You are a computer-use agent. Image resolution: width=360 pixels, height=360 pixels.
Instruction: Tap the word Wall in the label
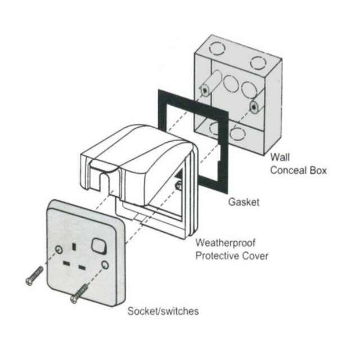(280, 158)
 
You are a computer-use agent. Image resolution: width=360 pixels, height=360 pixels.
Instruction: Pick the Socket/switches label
(163, 311)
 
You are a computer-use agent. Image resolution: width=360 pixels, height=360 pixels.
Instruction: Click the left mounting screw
(34, 275)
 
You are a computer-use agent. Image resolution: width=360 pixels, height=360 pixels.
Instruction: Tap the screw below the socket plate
(79, 293)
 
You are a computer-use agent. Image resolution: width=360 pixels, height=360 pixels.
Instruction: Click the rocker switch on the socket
(100, 245)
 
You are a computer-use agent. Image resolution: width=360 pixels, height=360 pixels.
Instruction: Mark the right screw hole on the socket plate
(105, 265)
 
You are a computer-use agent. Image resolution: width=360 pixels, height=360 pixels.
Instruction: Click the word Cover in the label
(256, 256)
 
